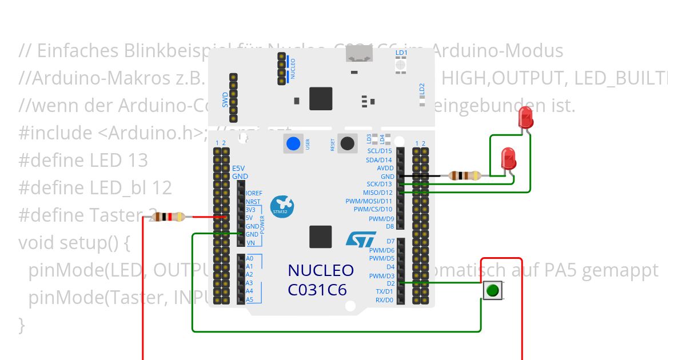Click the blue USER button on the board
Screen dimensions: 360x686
pos(293,143)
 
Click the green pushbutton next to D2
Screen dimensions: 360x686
pos(492,291)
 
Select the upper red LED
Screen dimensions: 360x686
pos(525,119)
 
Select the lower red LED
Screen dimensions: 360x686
pos(508,158)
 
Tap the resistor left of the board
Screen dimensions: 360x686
pos(168,217)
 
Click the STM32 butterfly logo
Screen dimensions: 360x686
pos(281,206)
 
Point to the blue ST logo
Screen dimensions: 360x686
pos(361,238)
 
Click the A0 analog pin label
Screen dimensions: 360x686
pos(249,258)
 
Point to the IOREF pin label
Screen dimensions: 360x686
pos(254,193)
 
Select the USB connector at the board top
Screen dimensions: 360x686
pos(359,55)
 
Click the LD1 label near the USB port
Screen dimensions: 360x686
pos(401,53)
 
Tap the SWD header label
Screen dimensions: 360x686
pos(225,99)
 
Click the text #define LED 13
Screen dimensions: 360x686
pos(83,160)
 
